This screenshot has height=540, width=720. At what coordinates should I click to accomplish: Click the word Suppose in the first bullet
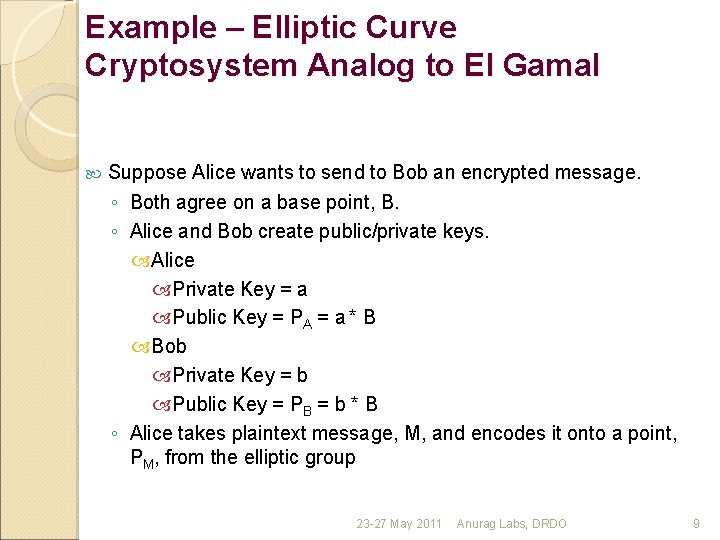(x=147, y=173)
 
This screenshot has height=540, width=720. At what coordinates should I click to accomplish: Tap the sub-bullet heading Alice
(x=172, y=260)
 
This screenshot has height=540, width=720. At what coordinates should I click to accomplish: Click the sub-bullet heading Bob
(x=169, y=346)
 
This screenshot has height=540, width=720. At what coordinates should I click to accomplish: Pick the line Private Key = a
(x=240, y=289)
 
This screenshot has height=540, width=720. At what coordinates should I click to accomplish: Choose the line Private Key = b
(x=240, y=375)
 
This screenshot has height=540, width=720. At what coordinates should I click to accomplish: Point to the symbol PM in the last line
(x=142, y=459)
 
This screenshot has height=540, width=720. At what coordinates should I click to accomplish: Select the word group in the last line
(x=330, y=458)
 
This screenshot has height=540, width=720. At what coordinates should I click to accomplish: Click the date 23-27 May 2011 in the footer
(x=399, y=524)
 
